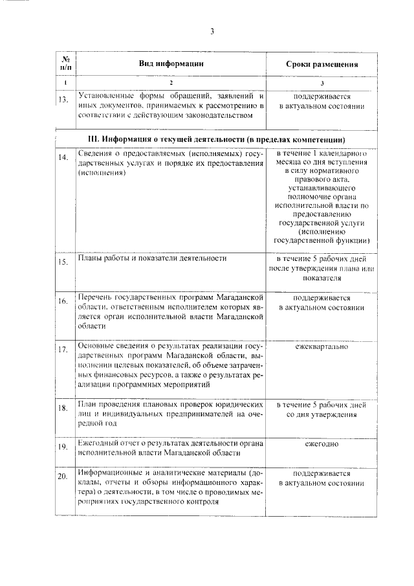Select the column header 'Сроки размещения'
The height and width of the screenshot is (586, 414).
click(x=322, y=64)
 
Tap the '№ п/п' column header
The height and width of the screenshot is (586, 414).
click(x=65, y=63)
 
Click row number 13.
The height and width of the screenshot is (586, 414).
click(x=63, y=100)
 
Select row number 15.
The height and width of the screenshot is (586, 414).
click(x=63, y=262)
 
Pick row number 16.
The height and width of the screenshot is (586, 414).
click(x=63, y=301)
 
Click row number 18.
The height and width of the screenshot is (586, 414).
click(x=63, y=408)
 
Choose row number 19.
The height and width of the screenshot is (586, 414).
click(x=63, y=447)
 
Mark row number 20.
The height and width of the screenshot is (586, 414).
click(x=63, y=478)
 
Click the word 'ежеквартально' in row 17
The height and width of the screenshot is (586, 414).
click(x=321, y=347)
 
